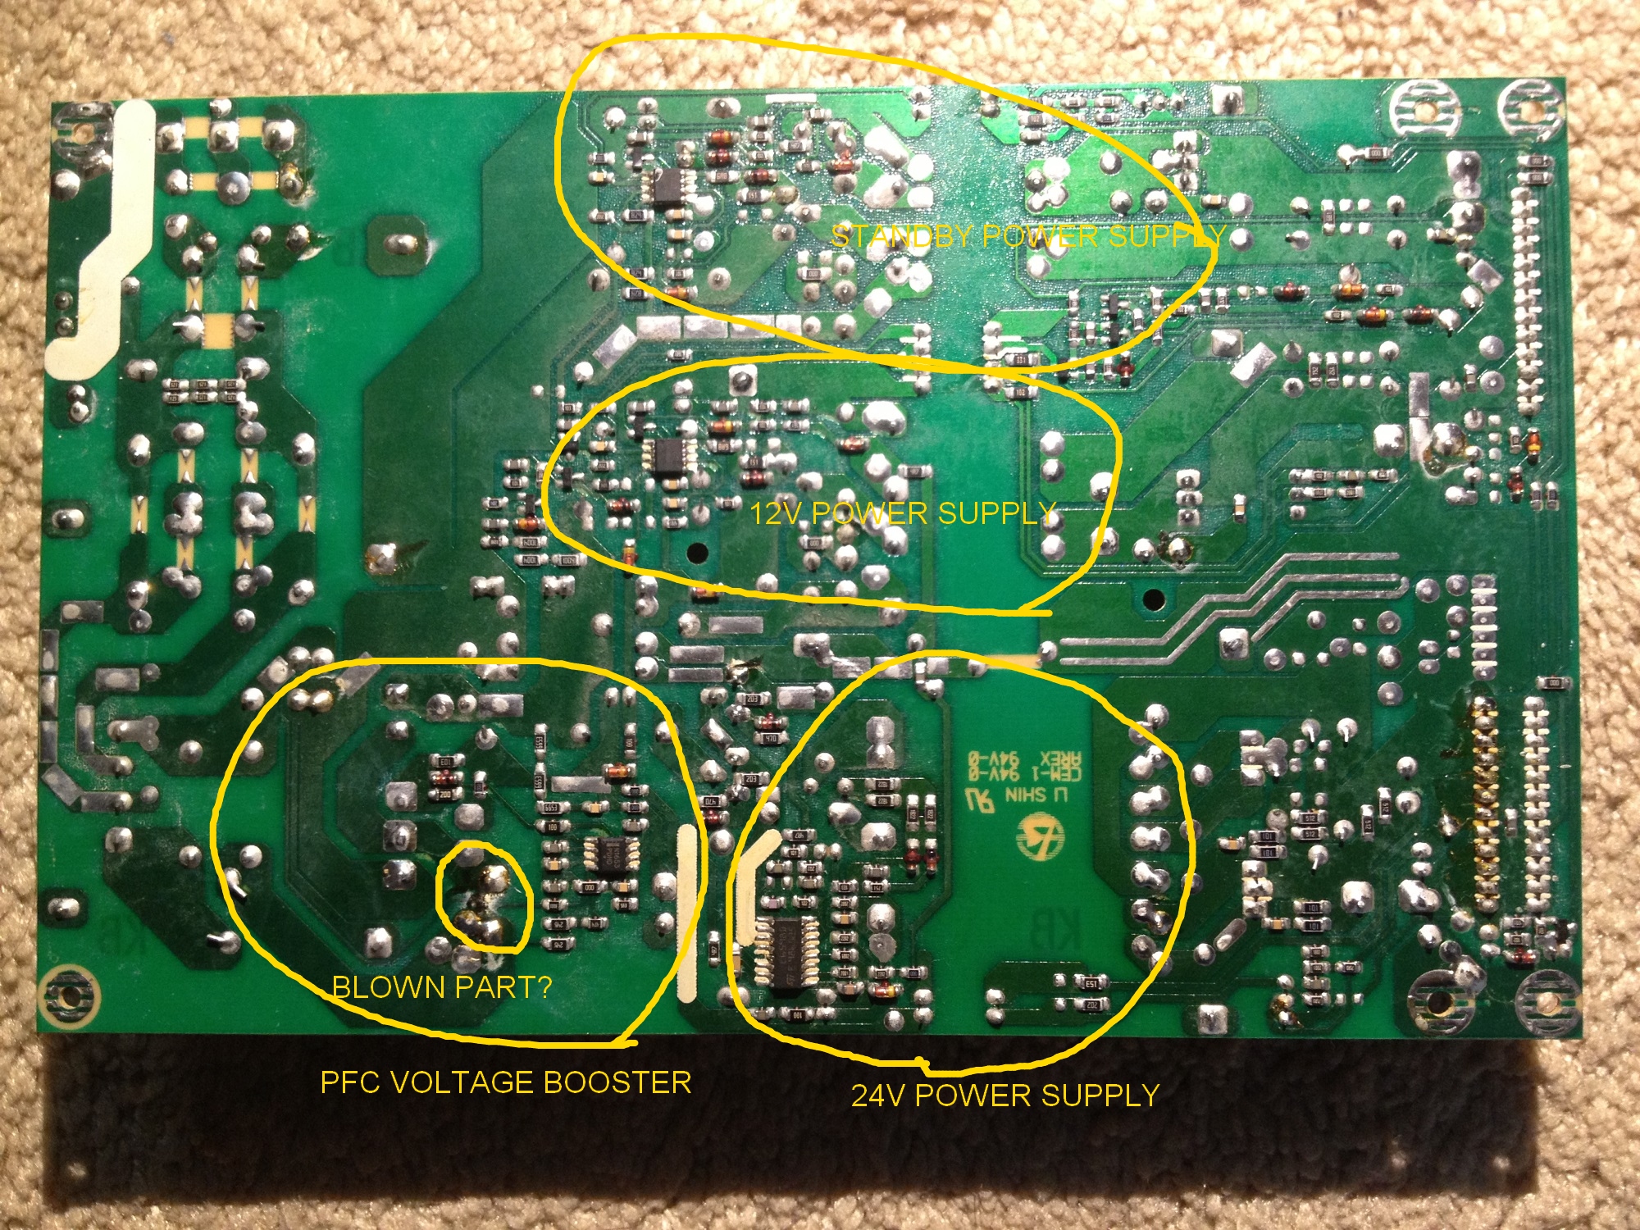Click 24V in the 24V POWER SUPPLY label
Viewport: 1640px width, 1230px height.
click(x=878, y=1096)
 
